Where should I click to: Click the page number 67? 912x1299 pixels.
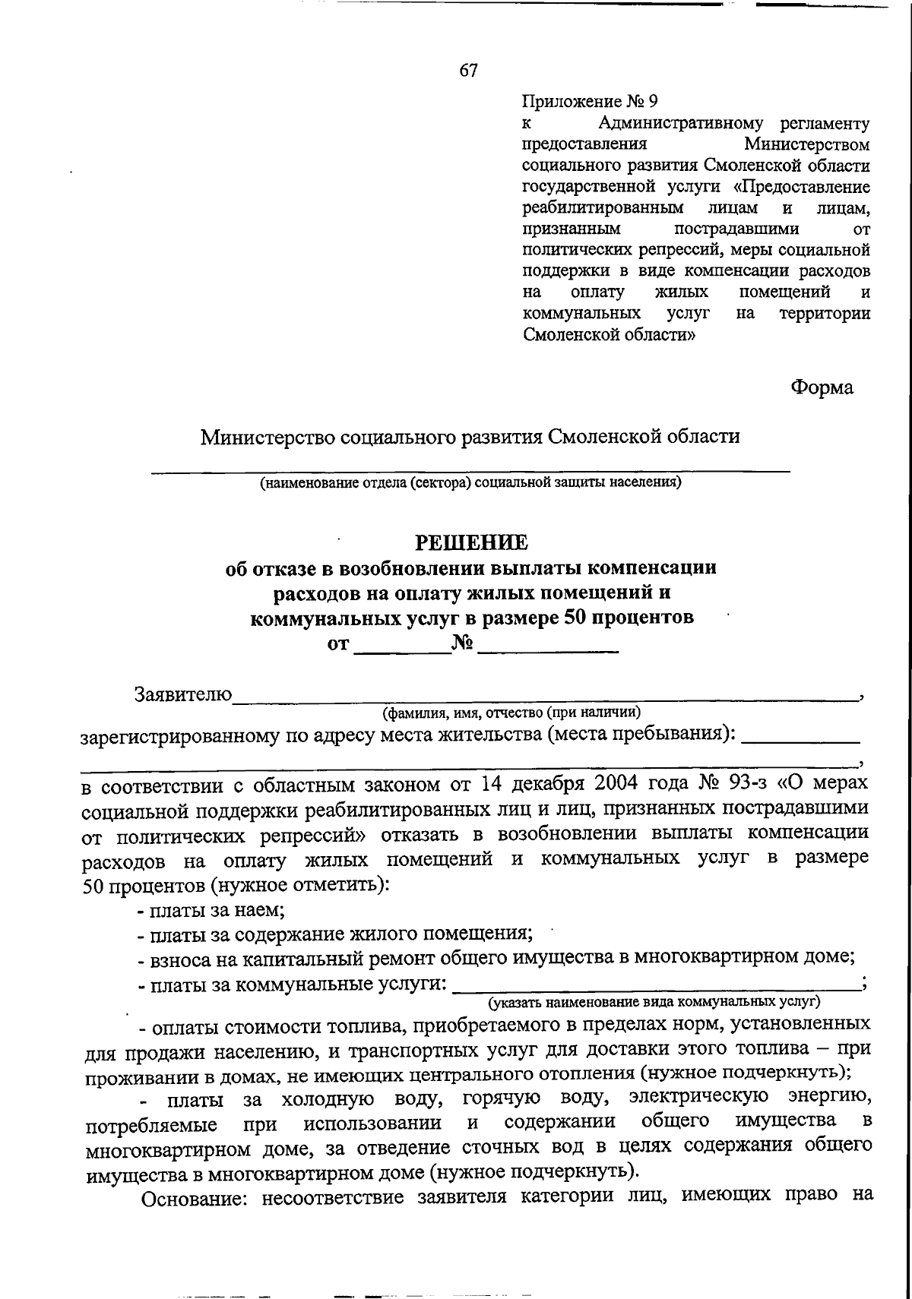point(468,71)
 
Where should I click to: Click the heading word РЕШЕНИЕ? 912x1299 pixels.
point(470,542)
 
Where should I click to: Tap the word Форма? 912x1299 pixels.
point(822,387)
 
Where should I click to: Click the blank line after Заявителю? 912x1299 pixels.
point(543,694)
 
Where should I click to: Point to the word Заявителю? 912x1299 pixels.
point(183,694)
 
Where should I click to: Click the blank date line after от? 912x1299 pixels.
point(403,646)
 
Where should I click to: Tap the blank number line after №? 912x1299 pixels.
point(547,646)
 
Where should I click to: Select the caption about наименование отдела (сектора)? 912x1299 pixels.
point(470,482)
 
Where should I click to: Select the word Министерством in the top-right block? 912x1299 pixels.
point(807,144)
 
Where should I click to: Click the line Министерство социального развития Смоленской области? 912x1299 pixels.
point(470,437)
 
